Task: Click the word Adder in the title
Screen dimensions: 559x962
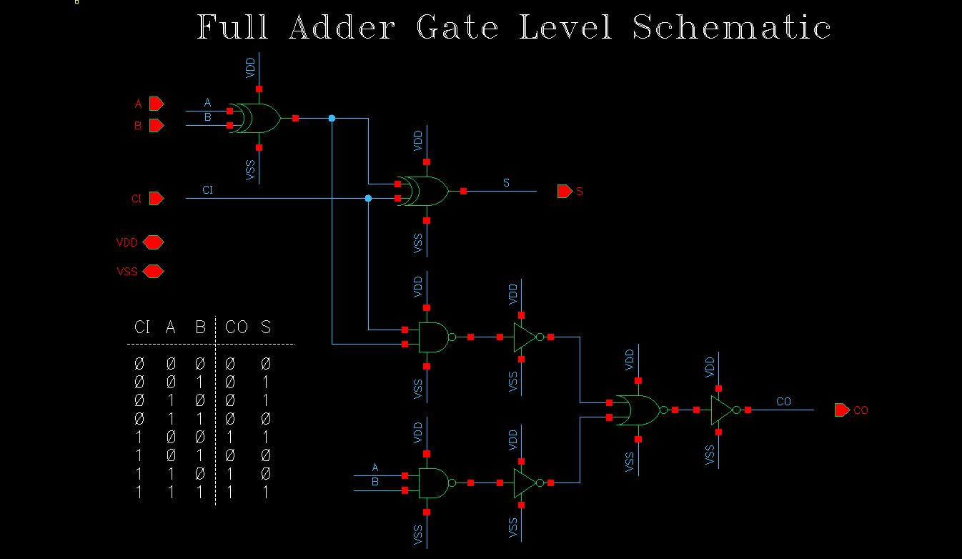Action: click(342, 28)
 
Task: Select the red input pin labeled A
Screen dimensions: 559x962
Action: click(157, 104)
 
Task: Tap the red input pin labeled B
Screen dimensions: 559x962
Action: click(157, 126)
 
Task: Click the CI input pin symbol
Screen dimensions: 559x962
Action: click(157, 198)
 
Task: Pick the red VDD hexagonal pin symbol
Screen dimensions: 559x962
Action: click(153, 242)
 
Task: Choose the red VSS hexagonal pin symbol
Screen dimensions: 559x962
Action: click(153, 272)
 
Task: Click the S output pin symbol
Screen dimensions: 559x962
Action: click(565, 191)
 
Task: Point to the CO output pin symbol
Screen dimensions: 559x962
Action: click(842, 410)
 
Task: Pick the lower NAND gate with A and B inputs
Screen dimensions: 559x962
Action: click(433, 483)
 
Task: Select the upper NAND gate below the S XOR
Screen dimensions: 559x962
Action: click(433, 337)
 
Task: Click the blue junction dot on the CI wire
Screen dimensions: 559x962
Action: click(368, 198)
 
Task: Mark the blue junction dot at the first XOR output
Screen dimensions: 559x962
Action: click(332, 118)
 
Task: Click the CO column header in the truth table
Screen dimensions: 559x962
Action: click(237, 327)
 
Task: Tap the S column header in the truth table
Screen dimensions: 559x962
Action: click(266, 327)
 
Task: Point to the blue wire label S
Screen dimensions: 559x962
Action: click(506, 183)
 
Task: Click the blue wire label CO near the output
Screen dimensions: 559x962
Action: click(783, 402)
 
